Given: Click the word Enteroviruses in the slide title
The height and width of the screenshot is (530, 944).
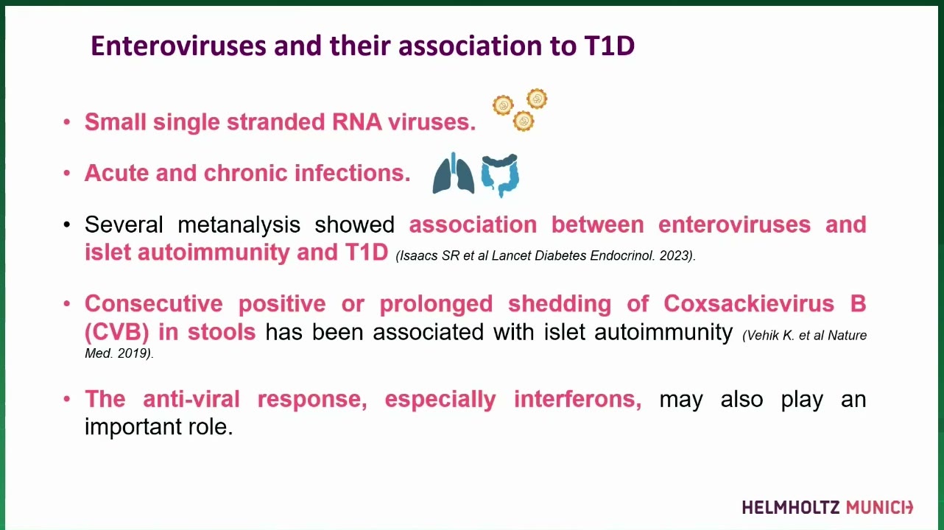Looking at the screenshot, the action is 179,46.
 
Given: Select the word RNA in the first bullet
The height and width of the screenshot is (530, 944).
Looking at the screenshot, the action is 356,121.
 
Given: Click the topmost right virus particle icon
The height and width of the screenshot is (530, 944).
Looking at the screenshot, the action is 537,99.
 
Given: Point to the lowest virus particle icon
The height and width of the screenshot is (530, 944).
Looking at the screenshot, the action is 524,121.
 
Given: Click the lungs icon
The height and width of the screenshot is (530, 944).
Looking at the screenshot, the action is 454,174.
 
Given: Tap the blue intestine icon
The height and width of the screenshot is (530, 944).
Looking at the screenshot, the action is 500,175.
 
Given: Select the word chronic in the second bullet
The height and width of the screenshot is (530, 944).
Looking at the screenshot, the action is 245,173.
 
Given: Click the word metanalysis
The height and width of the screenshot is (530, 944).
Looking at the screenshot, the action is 239,225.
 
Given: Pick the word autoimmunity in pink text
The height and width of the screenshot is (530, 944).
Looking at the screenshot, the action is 214,252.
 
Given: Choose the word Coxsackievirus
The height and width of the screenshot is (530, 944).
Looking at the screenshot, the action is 749,303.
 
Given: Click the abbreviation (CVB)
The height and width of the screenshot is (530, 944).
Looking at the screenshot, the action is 117,332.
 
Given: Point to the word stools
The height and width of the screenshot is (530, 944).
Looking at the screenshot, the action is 222,332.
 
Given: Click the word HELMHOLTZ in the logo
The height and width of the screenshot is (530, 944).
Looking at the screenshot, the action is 791,507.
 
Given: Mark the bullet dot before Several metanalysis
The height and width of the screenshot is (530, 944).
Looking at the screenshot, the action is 66,225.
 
